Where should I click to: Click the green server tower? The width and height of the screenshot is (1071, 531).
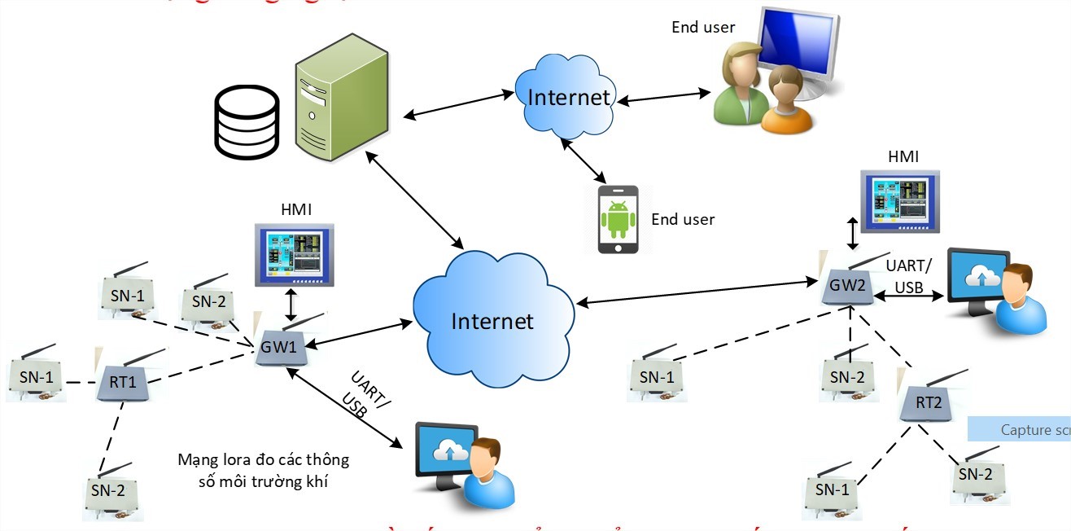(340, 102)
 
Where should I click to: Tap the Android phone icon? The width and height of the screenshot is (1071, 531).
(618, 219)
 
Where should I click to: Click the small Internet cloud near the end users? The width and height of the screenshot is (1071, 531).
(567, 96)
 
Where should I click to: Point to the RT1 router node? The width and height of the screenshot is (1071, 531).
(122, 381)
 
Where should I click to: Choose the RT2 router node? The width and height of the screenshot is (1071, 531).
(927, 401)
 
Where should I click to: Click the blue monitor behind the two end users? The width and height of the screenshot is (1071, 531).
(800, 45)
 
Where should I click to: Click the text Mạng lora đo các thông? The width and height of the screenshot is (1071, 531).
(263, 460)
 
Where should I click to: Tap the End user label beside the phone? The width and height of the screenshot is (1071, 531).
(683, 219)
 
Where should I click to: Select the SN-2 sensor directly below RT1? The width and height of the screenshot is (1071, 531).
(110, 492)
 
